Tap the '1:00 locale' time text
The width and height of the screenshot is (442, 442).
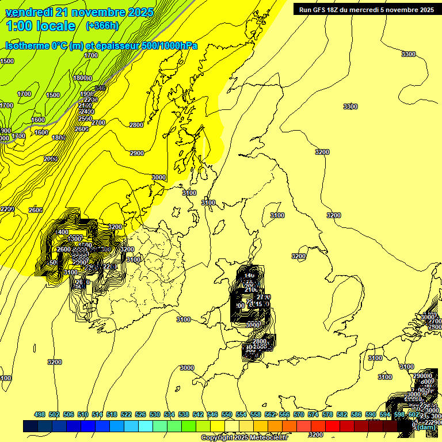40,26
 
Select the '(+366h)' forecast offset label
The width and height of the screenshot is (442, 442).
102,26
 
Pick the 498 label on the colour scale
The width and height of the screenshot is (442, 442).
40,414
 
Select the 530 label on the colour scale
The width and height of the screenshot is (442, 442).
155,414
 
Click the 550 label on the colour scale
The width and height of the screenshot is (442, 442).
227,414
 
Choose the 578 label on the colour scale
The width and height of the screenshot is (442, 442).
327,414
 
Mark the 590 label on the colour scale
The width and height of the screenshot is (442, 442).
371,414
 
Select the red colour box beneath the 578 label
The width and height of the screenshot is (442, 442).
333,426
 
